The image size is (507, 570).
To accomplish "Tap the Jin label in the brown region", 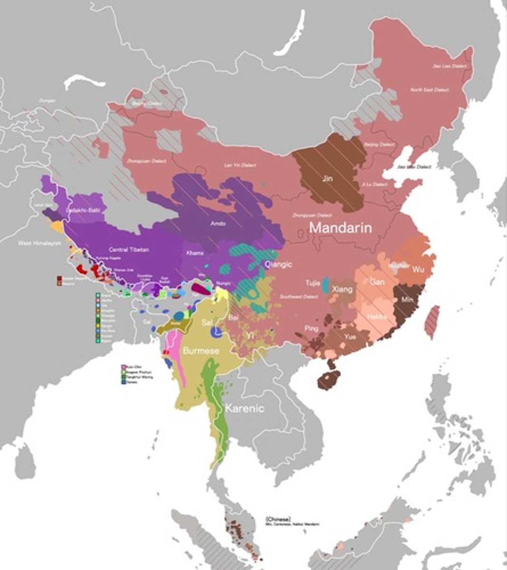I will (x=328, y=179).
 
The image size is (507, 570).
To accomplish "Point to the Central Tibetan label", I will (x=129, y=250).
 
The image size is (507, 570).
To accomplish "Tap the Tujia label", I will (x=312, y=283).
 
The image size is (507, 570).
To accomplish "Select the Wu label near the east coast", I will (x=418, y=270).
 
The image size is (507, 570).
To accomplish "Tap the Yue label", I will (x=350, y=337).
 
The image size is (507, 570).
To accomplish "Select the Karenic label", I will (x=244, y=408).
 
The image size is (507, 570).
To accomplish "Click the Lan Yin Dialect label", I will (x=240, y=165).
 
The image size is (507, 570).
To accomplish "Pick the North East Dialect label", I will (x=430, y=90).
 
